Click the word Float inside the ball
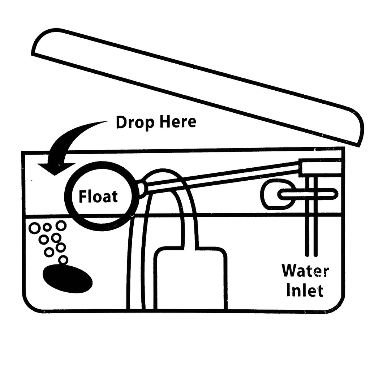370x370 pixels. coord(98,197)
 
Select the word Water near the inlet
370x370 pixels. coord(305,271)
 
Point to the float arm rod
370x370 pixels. coord(224,178)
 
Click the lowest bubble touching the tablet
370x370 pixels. coord(63,259)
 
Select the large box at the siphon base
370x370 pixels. coord(190,278)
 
